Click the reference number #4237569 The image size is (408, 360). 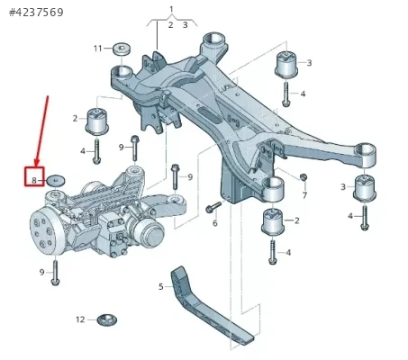click(36, 13)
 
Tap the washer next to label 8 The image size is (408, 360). click(57, 181)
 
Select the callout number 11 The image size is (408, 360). click(98, 49)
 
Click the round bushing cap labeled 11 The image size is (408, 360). click(122, 49)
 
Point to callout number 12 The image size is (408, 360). click(80, 319)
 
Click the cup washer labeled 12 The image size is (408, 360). click(107, 319)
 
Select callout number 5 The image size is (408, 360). click(161, 287)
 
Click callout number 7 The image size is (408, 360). click(304, 195)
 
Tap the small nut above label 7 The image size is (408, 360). click(304, 176)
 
